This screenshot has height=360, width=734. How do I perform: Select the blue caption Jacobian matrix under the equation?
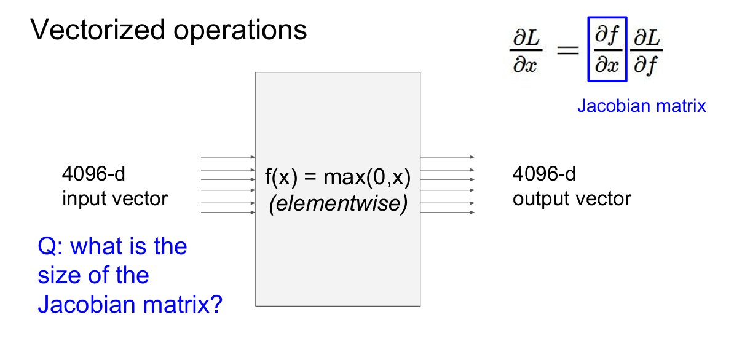point(641,106)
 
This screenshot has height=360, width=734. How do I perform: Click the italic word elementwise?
point(338,203)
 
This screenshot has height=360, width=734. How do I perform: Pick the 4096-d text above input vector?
point(93,174)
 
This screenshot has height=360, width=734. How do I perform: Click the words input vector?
point(114,199)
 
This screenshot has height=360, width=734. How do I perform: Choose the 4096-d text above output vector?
point(544,174)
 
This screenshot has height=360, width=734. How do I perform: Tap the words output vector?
point(572,199)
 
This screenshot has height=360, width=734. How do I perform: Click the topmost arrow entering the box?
point(228,157)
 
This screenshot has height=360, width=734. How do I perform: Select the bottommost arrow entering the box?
point(228,213)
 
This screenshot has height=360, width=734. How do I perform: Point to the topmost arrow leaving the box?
point(448,157)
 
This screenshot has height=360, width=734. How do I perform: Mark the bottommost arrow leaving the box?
point(448,213)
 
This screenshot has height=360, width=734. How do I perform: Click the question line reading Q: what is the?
point(112,246)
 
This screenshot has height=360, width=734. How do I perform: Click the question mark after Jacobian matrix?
point(215,303)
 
